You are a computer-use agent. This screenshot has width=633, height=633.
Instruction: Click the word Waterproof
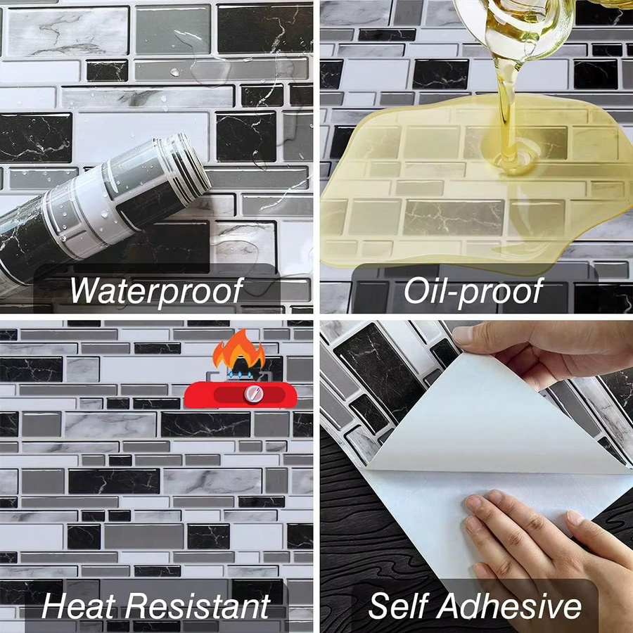tap(156, 290)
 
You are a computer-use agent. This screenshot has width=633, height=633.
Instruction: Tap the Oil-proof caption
tap(473, 290)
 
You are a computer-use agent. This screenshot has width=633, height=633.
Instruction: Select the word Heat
tap(79, 606)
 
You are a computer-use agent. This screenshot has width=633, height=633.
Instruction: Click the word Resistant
tap(197, 606)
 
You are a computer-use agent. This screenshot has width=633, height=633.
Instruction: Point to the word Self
tap(399, 606)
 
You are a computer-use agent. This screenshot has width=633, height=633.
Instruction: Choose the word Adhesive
tap(509, 606)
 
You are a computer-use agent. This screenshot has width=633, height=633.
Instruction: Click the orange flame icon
tap(238, 350)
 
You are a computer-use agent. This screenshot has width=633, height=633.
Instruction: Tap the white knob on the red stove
tap(253, 392)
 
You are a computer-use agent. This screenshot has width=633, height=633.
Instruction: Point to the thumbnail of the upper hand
tap(463, 335)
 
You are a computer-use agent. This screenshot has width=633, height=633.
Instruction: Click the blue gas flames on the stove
tap(241, 374)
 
